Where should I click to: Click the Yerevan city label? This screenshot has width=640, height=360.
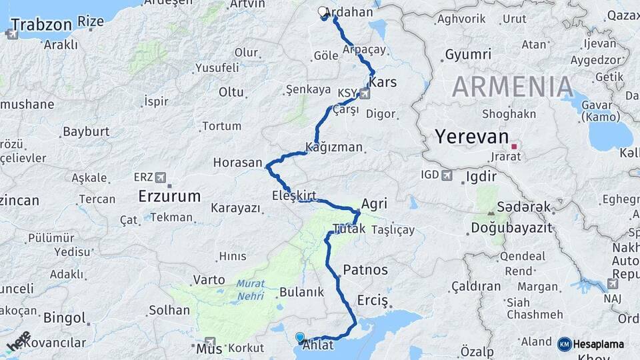pos(471,137)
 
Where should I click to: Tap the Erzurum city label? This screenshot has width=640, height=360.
pos(169,196)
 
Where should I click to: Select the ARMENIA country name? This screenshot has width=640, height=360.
pos(513,87)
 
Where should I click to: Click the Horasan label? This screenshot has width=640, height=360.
pos(237,162)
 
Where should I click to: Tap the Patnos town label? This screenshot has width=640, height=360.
pos(365,270)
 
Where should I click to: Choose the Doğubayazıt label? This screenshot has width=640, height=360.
pos(511,228)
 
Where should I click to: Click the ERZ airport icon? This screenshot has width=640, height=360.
pos(159,177)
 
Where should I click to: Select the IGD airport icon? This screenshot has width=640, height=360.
pos(447,175)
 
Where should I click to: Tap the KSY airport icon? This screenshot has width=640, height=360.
pos(364,93)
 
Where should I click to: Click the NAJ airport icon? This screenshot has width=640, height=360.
pos(613,283)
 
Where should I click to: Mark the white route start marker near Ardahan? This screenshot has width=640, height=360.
pos(323,12)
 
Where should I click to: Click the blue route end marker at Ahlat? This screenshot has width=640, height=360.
pos(299,338)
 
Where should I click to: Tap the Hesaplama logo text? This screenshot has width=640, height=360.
pos(598,344)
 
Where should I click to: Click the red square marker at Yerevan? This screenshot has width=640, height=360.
pos(514,145)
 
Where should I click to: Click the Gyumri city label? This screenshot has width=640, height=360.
pos(468,54)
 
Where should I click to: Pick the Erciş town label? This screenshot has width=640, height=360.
pos(373,299)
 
